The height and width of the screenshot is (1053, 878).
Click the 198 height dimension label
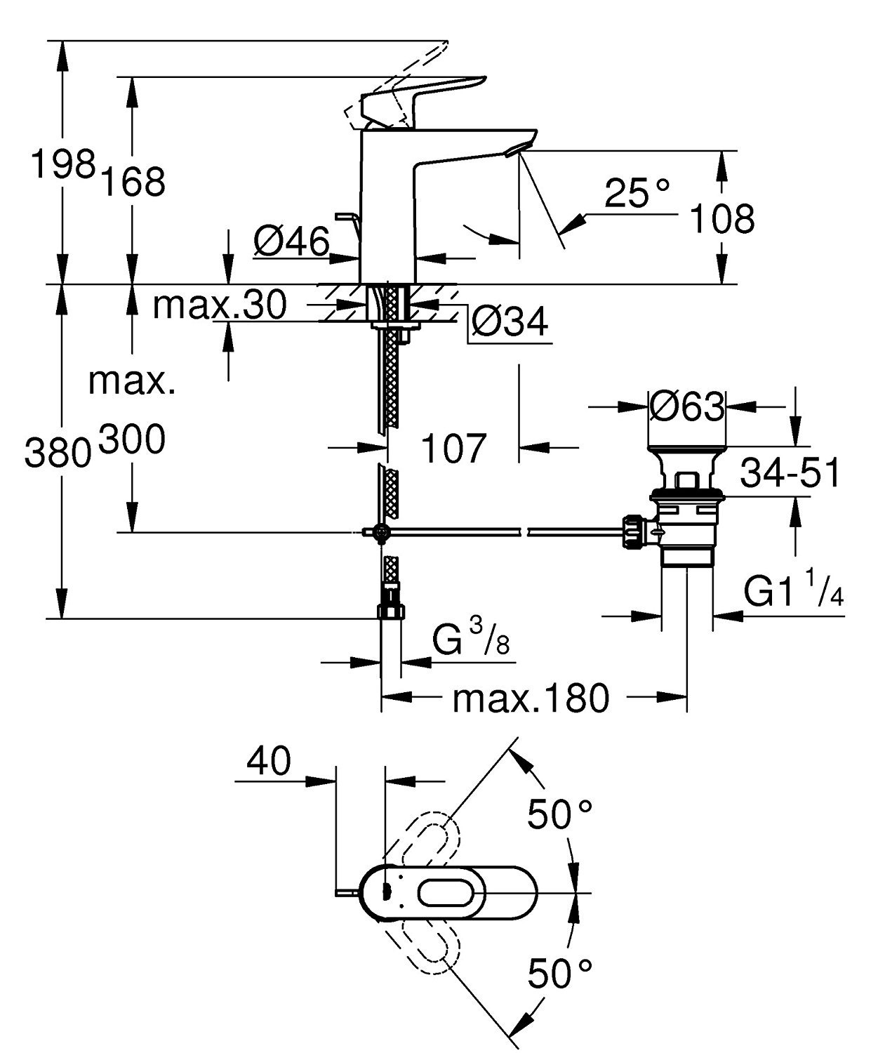coord(62,166)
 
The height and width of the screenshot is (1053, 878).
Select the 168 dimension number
coord(133,182)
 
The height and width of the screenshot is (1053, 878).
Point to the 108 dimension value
coord(721,218)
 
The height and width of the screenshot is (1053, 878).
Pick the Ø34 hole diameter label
coord(510,322)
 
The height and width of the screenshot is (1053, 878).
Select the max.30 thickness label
coord(220,305)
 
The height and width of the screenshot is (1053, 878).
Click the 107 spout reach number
coord(453,447)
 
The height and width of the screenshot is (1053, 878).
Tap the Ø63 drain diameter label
coord(687,406)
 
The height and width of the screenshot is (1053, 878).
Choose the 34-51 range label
coord(790,474)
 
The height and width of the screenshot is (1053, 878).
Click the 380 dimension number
coord(58,452)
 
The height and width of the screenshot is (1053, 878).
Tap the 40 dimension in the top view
coord(269,761)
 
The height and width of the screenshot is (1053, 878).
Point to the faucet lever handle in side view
coord(421,95)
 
